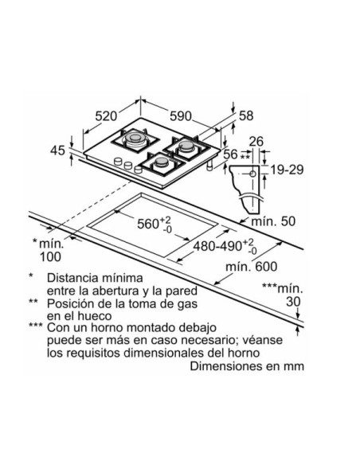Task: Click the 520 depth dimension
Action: [x=106, y=115]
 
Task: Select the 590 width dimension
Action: [x=181, y=116]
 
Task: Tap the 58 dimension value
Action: [x=246, y=115]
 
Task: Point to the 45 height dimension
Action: [x=57, y=150]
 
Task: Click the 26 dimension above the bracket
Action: [x=256, y=142]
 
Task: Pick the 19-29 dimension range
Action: [x=287, y=170]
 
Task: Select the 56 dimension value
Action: [x=231, y=154]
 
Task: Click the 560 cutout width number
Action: [x=148, y=224]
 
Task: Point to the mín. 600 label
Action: [x=252, y=267]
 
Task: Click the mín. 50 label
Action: [x=273, y=221]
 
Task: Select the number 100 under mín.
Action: [x=50, y=257]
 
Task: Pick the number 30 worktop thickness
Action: [x=293, y=302]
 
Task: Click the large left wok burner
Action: [x=135, y=140]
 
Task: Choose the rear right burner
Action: [x=186, y=147]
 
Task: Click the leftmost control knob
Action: [x=118, y=162]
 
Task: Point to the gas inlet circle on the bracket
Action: [x=252, y=174]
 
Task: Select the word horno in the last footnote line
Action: [x=244, y=353]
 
